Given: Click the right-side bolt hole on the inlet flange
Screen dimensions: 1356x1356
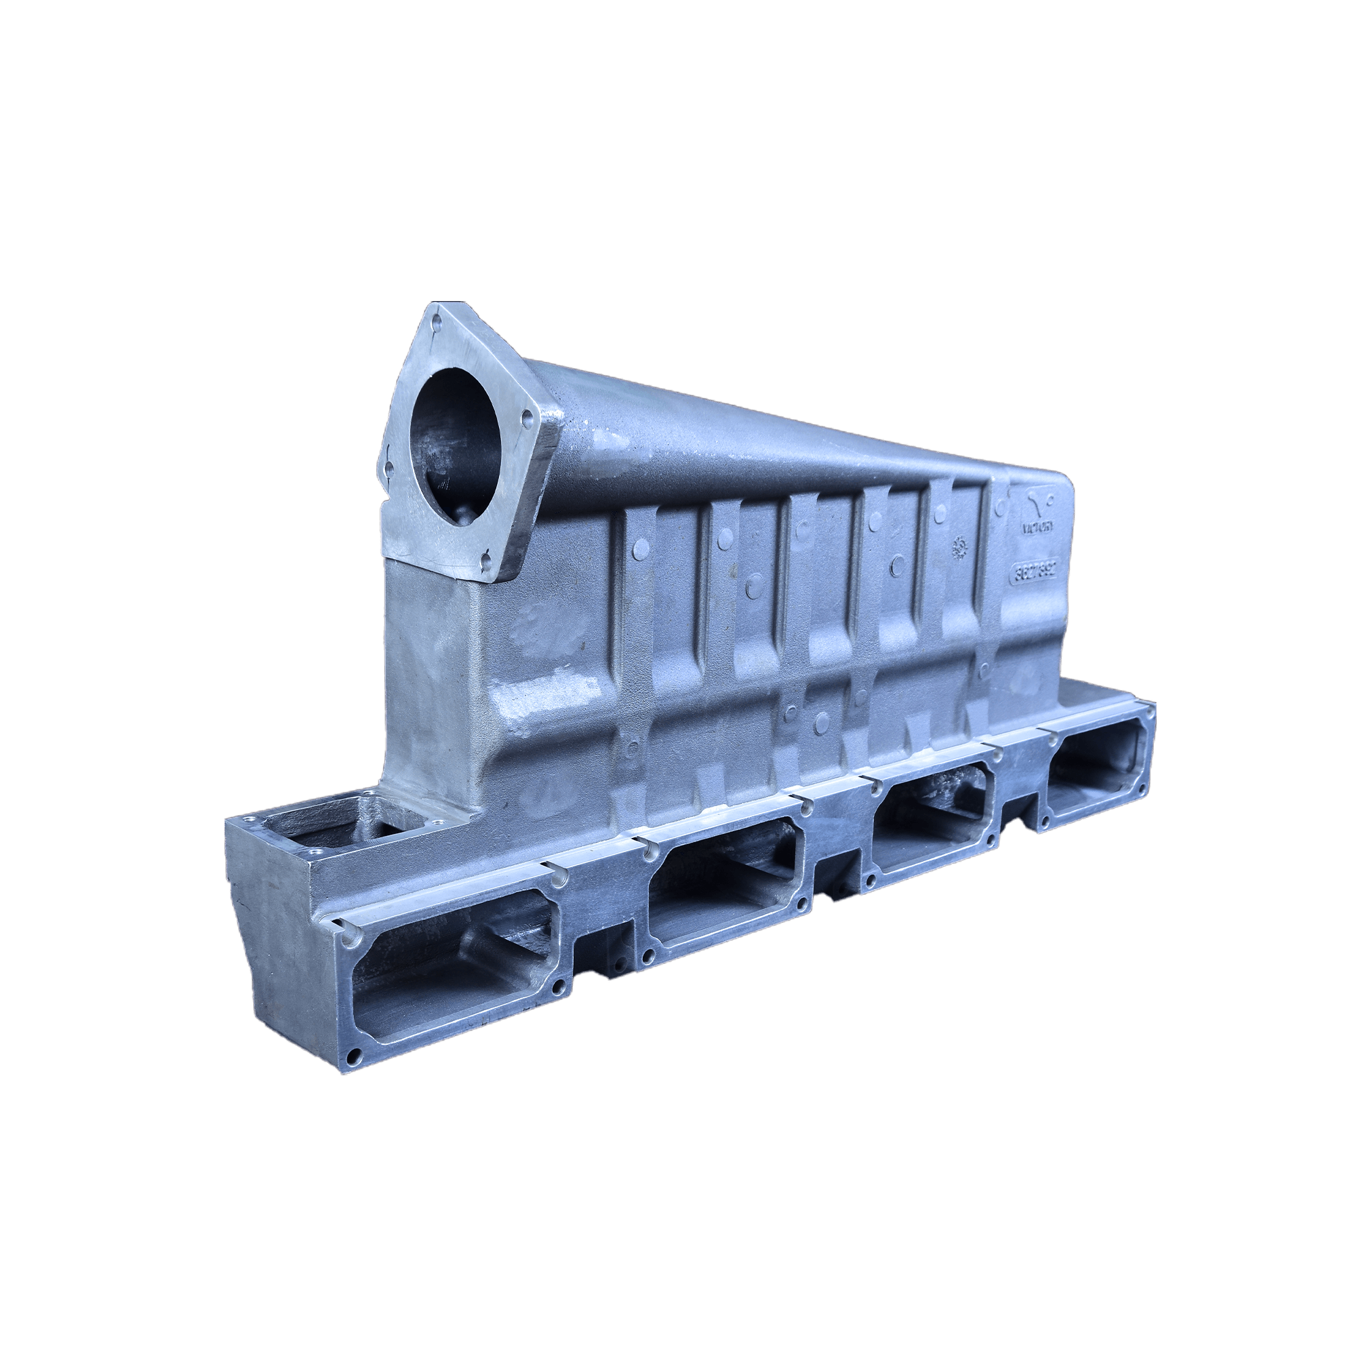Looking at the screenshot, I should pos(527,421).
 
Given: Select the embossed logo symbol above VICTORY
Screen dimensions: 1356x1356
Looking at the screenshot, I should pos(1037,500).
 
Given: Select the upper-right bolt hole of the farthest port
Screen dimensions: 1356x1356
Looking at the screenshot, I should pos(1150,712).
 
